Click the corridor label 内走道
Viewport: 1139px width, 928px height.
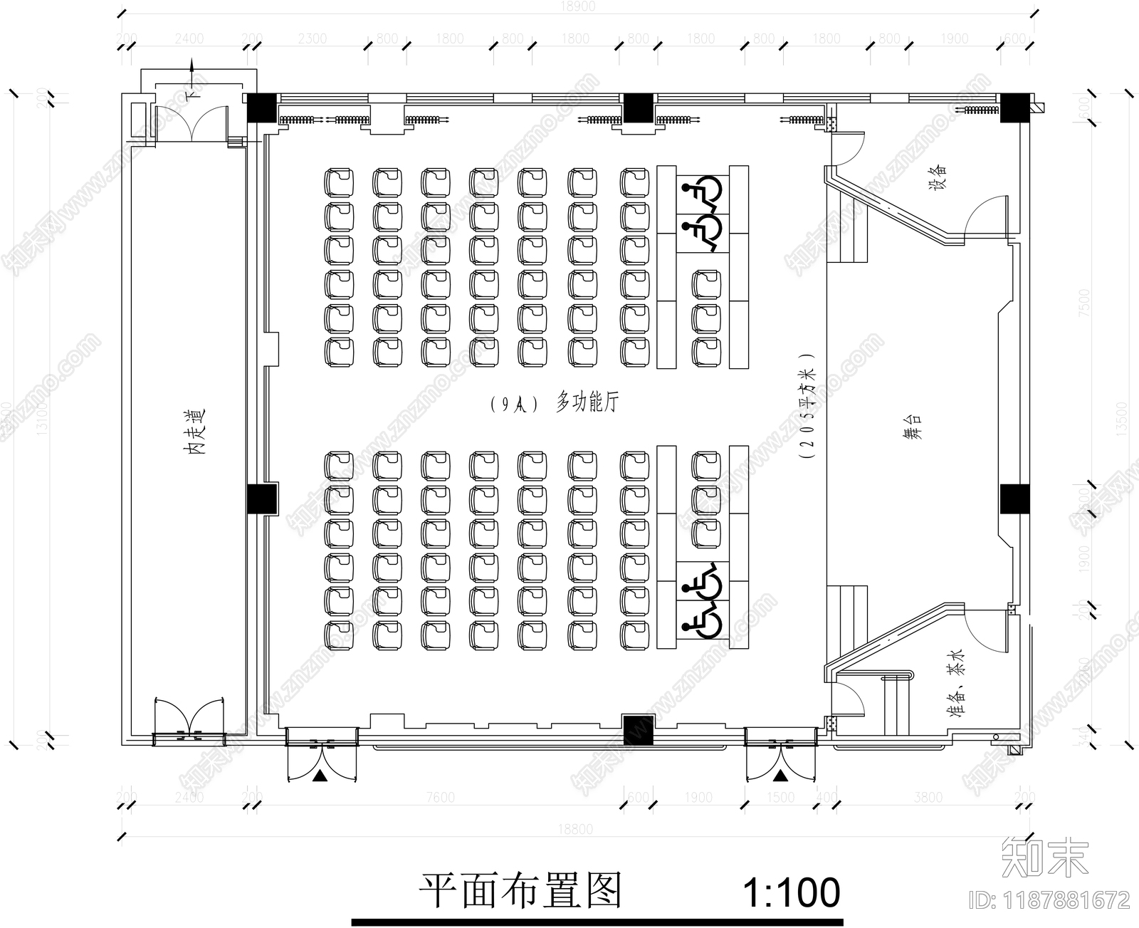(x=193, y=432)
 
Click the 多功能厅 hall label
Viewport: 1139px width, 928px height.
(x=587, y=403)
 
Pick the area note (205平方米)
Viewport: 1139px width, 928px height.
(x=807, y=407)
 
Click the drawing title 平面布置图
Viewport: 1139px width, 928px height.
(x=520, y=890)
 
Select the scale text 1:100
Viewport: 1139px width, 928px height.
(x=791, y=892)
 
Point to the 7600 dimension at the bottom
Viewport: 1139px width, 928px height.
(x=441, y=797)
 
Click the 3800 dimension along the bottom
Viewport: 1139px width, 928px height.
(x=928, y=797)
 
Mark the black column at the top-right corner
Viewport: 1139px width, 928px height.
(x=1014, y=107)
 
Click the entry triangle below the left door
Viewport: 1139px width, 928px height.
(x=320, y=775)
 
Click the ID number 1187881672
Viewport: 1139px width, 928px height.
(x=1051, y=900)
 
